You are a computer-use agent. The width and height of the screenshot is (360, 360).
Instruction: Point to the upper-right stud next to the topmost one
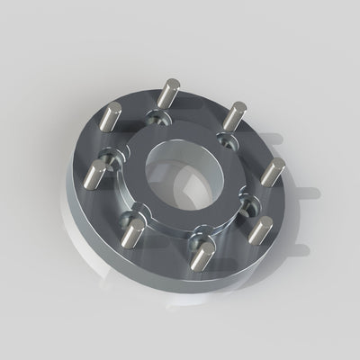pyautogui.click(x=236, y=116)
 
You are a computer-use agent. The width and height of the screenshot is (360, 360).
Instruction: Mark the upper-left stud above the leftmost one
pyautogui.click(x=115, y=117)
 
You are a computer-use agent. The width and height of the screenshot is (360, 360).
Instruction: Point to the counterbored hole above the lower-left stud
pyautogui.click(x=136, y=214)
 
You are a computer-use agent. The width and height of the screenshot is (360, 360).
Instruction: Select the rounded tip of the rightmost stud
pyautogui.click(x=278, y=163)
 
